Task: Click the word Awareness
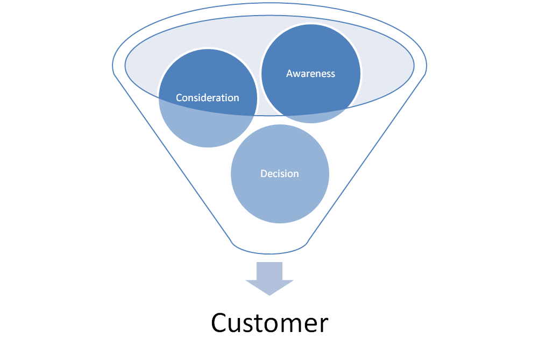[310, 74]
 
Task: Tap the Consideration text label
[207, 98]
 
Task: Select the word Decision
[280, 174]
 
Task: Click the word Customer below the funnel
[269, 323]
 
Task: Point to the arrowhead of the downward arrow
[269, 287]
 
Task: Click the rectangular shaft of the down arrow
[269, 271]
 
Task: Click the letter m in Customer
[289, 325]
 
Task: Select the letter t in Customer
[257, 323]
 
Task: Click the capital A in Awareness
[290, 74]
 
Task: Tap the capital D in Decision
[264, 174]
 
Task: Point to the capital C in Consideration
[179, 98]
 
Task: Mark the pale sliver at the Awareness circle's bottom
[311, 118]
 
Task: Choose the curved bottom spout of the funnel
[269, 253]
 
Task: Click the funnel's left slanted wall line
[173, 158]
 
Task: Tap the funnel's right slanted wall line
[366, 158]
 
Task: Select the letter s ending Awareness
[333, 75]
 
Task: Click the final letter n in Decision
[296, 175]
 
